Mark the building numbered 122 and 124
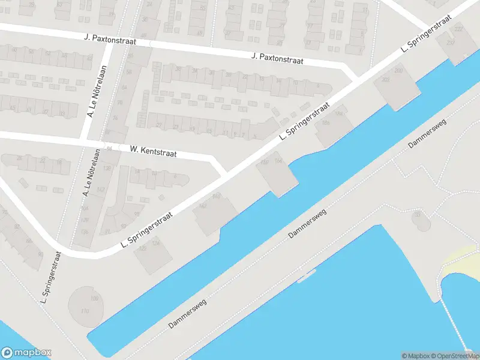pos(153,254)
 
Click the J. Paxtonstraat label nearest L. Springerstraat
pos(278,59)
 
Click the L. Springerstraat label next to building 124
pos(147,229)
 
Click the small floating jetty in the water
pos(306,276)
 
